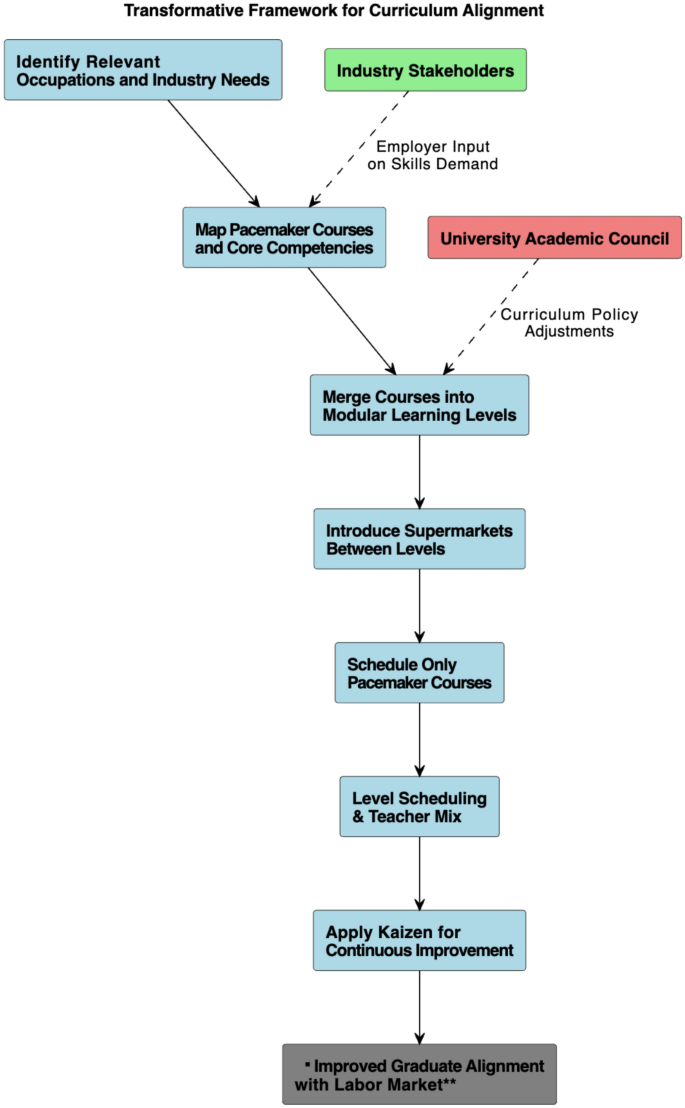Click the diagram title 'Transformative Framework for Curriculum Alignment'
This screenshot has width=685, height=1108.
click(x=334, y=11)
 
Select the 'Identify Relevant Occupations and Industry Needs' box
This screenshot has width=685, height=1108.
click(x=143, y=70)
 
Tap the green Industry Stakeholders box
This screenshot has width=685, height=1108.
click(x=425, y=70)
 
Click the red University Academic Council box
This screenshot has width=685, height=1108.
click(x=554, y=238)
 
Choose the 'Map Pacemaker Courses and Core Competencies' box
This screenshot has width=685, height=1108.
click(x=284, y=237)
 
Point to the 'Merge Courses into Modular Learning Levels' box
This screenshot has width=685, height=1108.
click(x=419, y=405)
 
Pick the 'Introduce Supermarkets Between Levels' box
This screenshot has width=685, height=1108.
click(x=419, y=539)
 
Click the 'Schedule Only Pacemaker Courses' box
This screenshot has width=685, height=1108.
click(x=419, y=673)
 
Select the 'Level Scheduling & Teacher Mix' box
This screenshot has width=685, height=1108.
click(x=419, y=807)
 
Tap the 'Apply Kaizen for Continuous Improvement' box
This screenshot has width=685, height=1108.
click(x=419, y=941)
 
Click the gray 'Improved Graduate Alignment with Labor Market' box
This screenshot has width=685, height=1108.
click(x=419, y=1074)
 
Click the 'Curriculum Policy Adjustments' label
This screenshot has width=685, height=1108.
click(x=569, y=322)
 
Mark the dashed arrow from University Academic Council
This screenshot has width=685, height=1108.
click(x=490, y=315)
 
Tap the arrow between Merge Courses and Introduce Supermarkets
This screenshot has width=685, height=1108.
click(x=419, y=472)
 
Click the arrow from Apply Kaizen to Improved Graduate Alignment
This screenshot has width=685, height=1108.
click(x=419, y=1007)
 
